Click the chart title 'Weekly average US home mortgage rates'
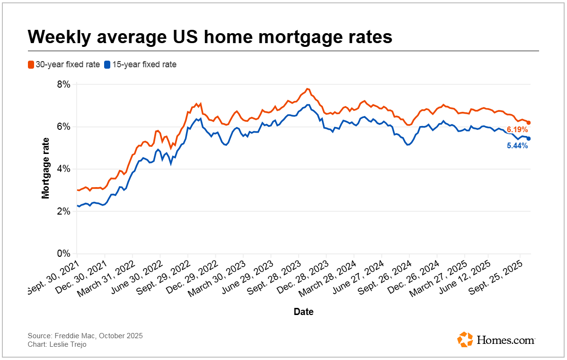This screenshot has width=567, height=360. pos(210,37)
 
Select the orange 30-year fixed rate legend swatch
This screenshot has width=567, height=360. pos(31,64)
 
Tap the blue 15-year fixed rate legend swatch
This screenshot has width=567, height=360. pos(107,64)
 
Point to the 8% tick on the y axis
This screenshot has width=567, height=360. pos(64,85)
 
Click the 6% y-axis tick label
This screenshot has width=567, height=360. pos(64,127)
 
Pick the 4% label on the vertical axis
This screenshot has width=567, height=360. pos(64,169)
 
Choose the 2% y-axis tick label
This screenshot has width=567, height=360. pos(64,211)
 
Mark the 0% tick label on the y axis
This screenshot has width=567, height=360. pos(64,253)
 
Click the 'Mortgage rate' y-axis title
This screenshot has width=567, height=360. pos(45,168)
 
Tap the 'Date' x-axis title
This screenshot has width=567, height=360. pos(303,312)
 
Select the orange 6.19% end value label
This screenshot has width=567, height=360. pos(517,129)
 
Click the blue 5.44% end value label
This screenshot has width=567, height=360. pos(517,146)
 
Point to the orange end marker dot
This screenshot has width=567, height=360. pos(529,123)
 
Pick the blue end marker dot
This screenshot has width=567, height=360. pos(529,138)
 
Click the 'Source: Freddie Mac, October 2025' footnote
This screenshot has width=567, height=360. pos(85,336)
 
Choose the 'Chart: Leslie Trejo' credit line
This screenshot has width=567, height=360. pos(57,344)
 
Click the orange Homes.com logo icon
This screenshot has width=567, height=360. pos(465,339)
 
